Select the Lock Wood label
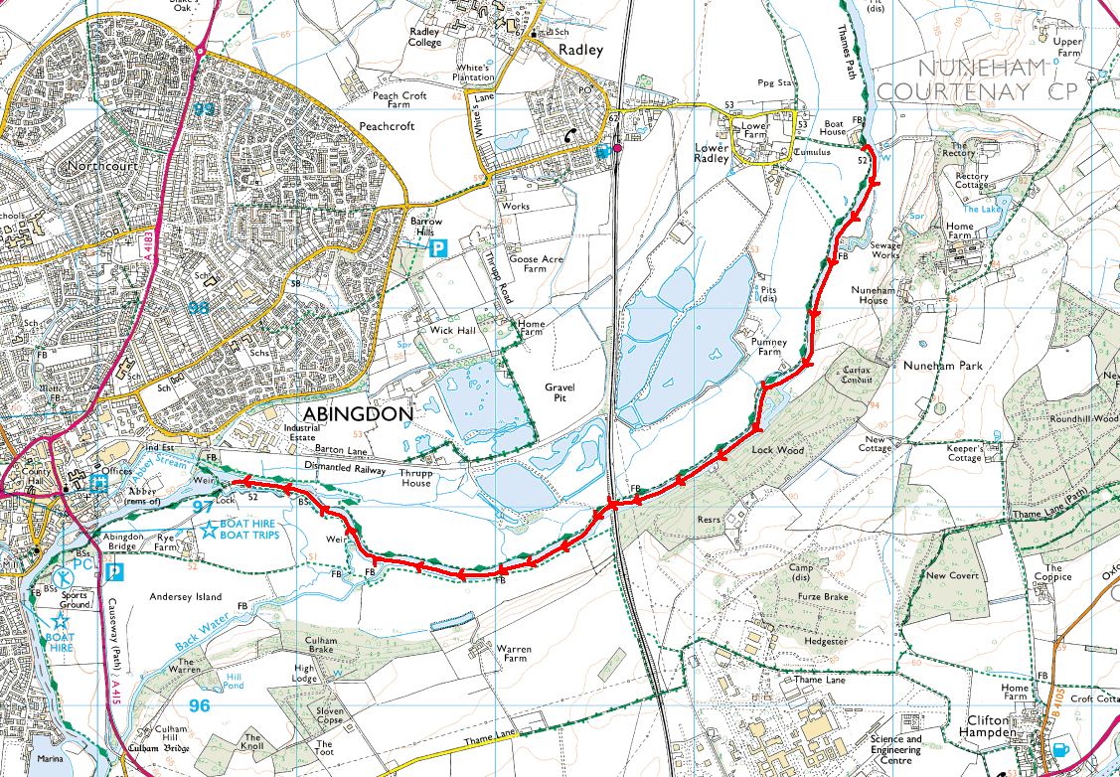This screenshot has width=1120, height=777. (775, 450)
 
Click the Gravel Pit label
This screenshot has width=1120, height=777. (560, 392)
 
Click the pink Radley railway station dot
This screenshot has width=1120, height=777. (618, 148)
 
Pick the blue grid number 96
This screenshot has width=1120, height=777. (200, 706)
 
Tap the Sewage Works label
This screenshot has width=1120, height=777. (885, 250)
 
